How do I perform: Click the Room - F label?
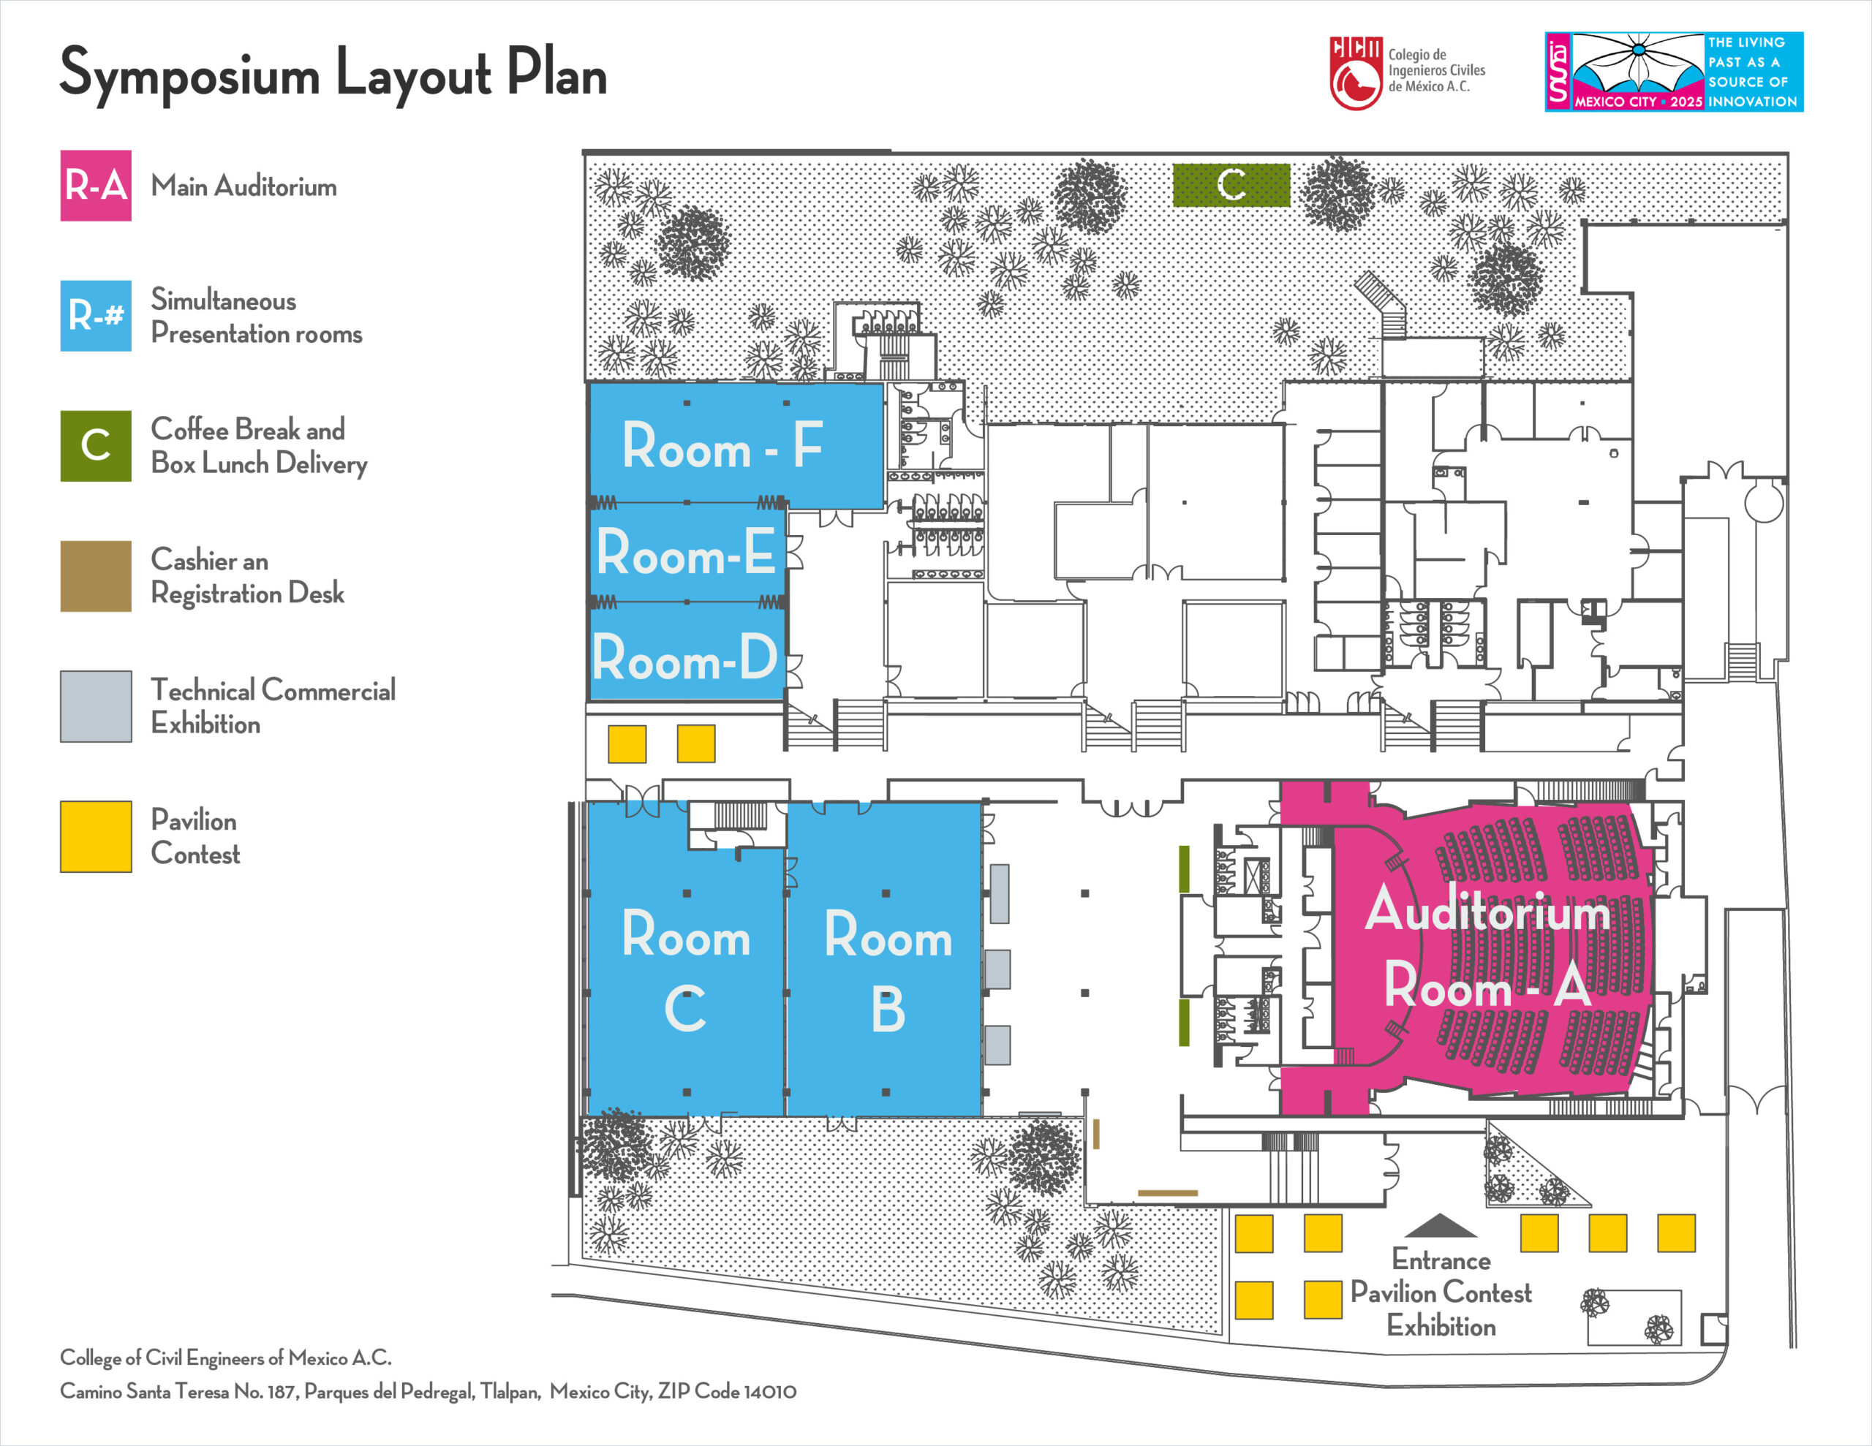point(722,446)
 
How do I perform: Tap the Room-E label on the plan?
point(686,553)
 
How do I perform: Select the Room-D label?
point(685,658)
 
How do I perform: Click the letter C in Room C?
point(685,1009)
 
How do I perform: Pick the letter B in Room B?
point(888,1009)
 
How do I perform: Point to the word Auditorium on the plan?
point(1488,910)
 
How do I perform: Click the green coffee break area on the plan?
point(1231,184)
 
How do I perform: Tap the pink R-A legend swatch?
point(96,186)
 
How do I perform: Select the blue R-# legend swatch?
point(96,315)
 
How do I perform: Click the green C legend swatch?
point(96,446)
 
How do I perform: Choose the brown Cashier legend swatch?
point(96,576)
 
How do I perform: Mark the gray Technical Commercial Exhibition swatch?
point(96,706)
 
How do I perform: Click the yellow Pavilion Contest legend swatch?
point(96,836)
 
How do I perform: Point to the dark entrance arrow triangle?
point(1440,1227)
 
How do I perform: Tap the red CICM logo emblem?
point(1355,74)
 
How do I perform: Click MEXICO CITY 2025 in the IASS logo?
point(1638,101)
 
